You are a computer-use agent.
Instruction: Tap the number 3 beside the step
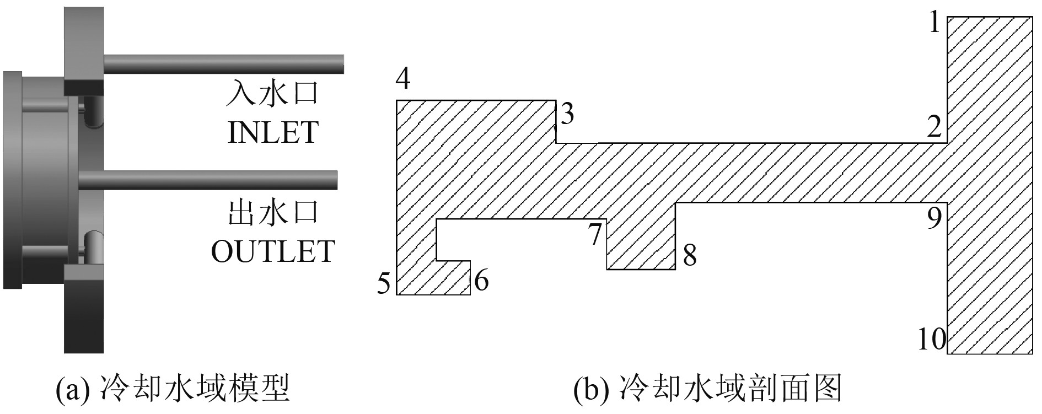pos(567,115)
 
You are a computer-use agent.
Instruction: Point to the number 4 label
pos(403,79)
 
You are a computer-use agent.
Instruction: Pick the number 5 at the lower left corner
pos(384,284)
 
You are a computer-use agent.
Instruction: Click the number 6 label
pos(481,281)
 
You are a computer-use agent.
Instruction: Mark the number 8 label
pos(689,256)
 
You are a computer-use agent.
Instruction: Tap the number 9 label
pos(934,218)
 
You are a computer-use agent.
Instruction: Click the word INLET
pos(273,132)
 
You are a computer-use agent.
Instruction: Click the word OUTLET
pos(273,251)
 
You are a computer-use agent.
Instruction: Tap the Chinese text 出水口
pos(273,213)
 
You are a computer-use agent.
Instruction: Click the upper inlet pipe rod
pos(223,64)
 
